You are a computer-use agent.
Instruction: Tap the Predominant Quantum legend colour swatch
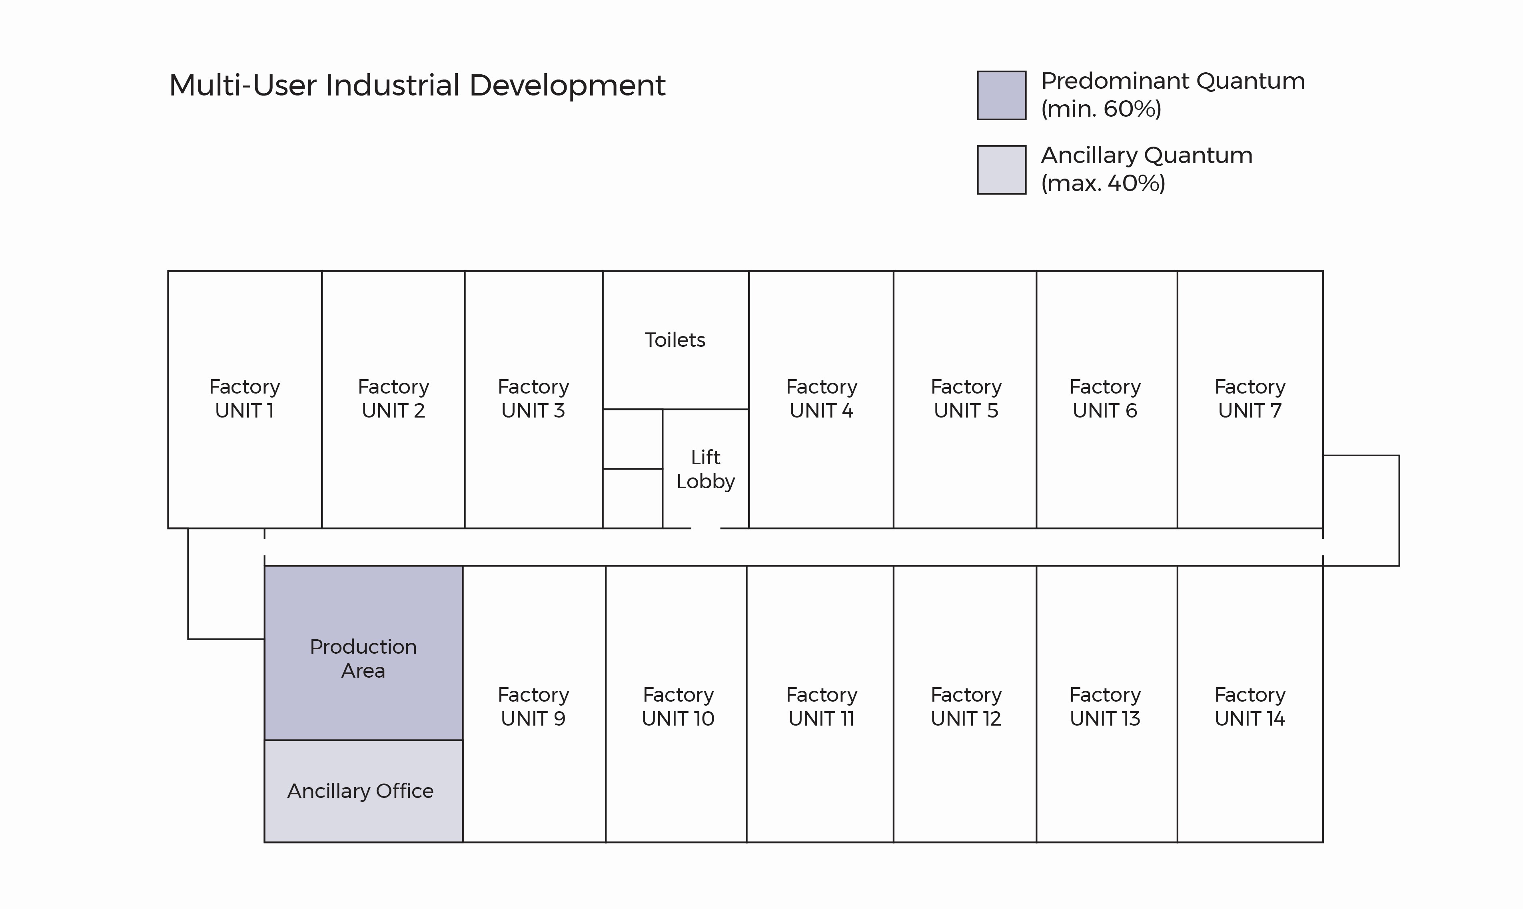tap(1002, 95)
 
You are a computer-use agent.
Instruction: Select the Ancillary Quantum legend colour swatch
tap(1002, 170)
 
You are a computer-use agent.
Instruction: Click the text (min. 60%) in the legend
tap(1101, 109)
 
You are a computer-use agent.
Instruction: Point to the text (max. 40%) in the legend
tap(1103, 183)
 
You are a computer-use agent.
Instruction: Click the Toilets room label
tap(675, 340)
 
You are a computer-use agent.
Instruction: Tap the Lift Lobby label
tap(705, 469)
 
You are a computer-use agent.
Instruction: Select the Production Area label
tap(363, 658)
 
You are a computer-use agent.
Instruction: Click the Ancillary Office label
tap(360, 791)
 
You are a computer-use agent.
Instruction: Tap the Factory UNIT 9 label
tap(533, 707)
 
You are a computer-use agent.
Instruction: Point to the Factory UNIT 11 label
tap(821, 707)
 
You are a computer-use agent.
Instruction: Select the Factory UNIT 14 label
tap(1250, 707)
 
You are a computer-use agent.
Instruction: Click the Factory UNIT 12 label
tap(966, 707)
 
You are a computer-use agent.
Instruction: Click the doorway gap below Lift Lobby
tap(705, 528)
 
